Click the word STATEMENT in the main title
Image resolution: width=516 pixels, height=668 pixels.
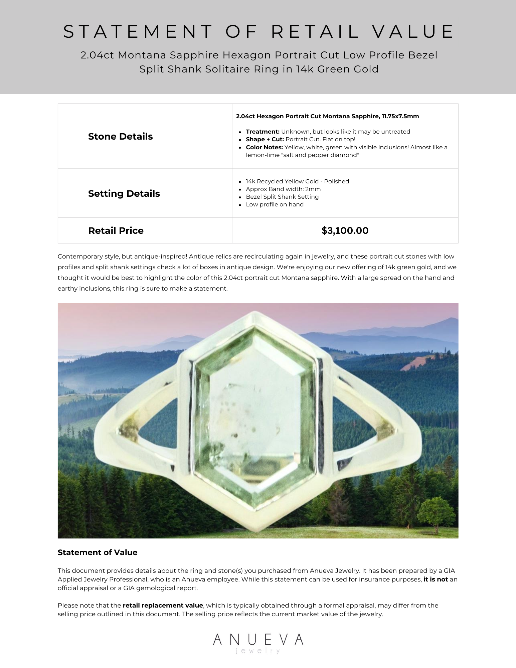coord(138,32)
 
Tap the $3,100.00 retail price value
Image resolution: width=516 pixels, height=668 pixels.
coord(345,230)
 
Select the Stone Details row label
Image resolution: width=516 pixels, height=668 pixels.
coord(120,136)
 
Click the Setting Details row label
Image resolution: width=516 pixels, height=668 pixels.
coord(124,193)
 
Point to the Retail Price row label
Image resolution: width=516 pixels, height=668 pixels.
coord(116,230)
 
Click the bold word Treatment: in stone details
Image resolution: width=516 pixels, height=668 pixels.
coord(263,132)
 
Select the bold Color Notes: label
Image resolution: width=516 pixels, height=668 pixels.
coord(264,147)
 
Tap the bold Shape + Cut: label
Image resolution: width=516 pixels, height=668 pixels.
coord(265,139)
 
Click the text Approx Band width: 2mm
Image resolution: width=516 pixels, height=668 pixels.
coord(283,189)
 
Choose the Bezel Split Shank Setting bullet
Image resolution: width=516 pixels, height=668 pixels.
coord(282,197)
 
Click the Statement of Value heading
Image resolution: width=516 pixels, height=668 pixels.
coord(98,552)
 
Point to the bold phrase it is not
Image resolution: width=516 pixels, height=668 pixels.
coord(436,579)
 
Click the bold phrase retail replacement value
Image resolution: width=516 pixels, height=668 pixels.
coord(163,606)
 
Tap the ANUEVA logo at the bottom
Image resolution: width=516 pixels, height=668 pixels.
coord(258,640)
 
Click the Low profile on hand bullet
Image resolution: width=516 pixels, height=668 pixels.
coord(275,204)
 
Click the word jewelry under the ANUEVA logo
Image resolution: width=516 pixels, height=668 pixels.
coord(258,651)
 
